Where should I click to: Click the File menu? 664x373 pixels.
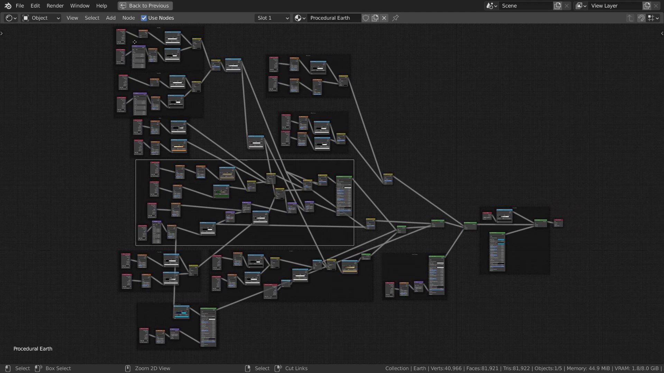tap(20, 6)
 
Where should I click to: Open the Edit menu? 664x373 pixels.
tap(35, 6)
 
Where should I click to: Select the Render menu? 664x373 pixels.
tap(55, 6)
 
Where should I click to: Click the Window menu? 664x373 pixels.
tap(80, 6)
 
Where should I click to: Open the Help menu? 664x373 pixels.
tap(101, 6)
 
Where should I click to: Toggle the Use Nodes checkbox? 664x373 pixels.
tap(144, 18)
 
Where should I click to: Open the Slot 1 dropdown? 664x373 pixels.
tap(273, 18)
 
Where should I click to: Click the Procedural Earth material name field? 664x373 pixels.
tap(334, 18)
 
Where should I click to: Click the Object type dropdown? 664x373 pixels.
tap(41, 18)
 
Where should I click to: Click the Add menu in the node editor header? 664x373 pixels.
tap(111, 18)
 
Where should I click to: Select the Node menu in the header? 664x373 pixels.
tap(128, 18)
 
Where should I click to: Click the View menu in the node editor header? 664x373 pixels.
tap(72, 18)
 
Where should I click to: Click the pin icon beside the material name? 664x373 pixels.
tap(396, 18)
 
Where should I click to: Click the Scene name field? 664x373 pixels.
tap(526, 6)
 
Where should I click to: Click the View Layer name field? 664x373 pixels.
tap(615, 6)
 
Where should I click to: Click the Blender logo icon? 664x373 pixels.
tap(8, 6)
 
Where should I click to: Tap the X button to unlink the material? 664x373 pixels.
tap(384, 18)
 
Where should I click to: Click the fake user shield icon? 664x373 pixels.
tap(366, 18)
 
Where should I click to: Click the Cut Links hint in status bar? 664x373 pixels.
tap(296, 369)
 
